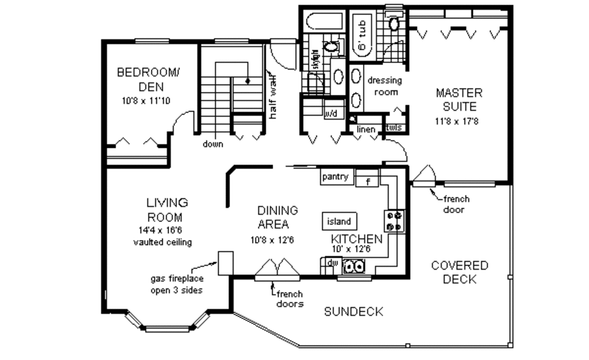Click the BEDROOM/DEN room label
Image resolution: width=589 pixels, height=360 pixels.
pos(148,79)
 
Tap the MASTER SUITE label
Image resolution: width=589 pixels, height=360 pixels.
pos(459,99)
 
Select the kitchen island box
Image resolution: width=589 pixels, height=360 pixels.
pos(339,221)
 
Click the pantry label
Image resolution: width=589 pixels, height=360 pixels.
pos(335,177)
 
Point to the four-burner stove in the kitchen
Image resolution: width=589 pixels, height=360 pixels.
pos(395,221)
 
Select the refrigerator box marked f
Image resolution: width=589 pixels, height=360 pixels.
pos(367,182)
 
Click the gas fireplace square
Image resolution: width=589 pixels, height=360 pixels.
pos(225,262)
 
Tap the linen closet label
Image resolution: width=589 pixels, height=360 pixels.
pos(366,129)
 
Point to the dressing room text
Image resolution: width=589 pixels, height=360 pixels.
pos(384,86)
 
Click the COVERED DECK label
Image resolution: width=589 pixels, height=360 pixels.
pos(460,273)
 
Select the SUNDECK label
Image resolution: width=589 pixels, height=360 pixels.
pos(353,312)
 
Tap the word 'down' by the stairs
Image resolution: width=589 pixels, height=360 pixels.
pos(213,144)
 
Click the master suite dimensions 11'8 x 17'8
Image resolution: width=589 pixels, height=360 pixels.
pos(459,121)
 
